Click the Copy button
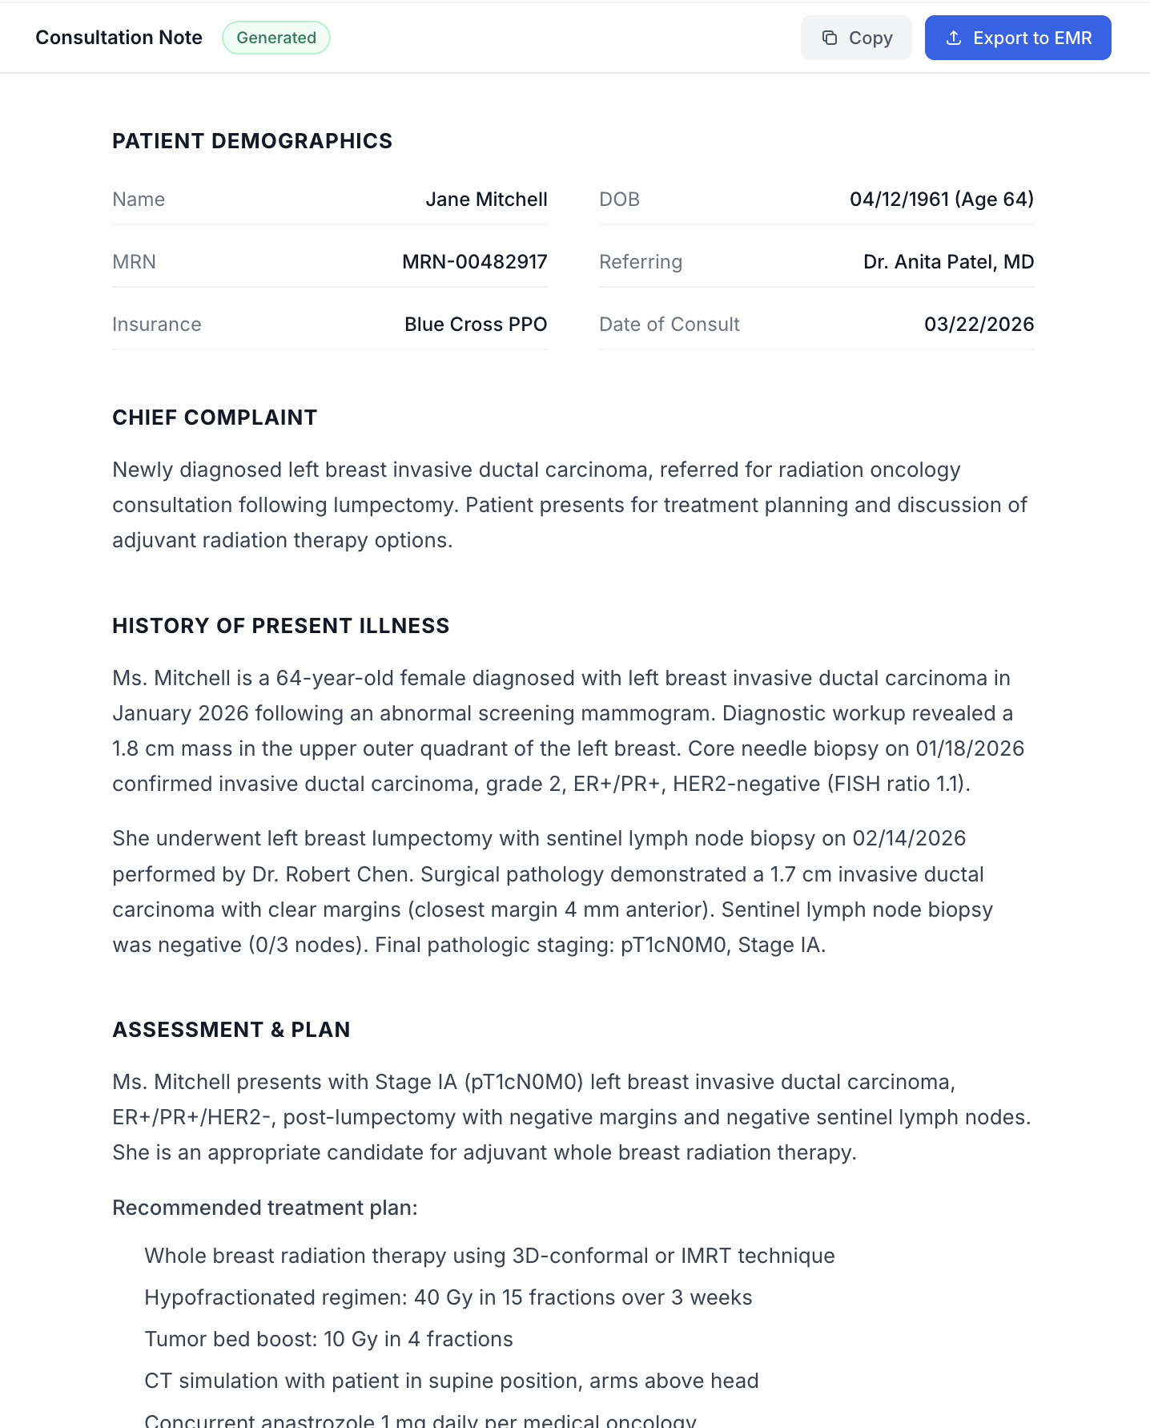click(x=856, y=38)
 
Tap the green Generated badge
click(x=276, y=38)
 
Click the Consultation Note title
click(x=119, y=38)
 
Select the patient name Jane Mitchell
click(x=486, y=200)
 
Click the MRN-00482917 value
click(x=474, y=262)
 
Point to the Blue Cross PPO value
click(x=475, y=325)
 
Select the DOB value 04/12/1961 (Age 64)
click(x=941, y=200)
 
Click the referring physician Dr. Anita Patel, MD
click(x=948, y=262)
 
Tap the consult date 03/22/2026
click(x=979, y=325)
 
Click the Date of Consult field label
click(x=669, y=325)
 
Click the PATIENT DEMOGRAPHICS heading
click(x=252, y=141)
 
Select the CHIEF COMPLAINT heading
click(x=215, y=418)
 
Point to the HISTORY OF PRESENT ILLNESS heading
click(x=280, y=626)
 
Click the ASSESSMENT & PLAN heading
click(x=231, y=1030)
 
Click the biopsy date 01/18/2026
click(x=970, y=748)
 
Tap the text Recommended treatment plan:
click(x=264, y=1208)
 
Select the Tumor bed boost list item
click(x=328, y=1339)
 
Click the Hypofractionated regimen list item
click(x=448, y=1297)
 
